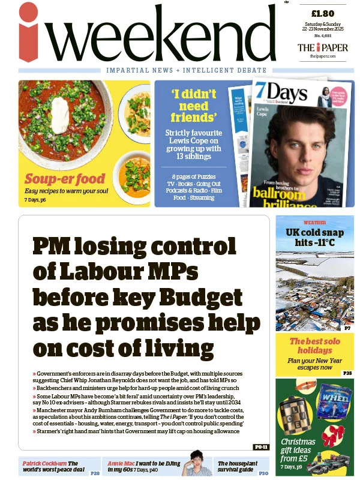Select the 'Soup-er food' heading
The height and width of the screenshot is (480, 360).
64,178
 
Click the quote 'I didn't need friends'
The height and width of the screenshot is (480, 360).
193,105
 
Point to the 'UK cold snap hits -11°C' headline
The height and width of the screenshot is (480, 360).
314,237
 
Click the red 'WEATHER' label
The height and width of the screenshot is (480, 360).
314,222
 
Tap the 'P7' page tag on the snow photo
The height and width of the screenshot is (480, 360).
347,328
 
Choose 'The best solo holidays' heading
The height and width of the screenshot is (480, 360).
314,346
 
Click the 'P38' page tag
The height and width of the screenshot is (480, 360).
347,373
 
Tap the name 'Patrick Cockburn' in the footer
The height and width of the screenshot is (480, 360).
44,463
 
